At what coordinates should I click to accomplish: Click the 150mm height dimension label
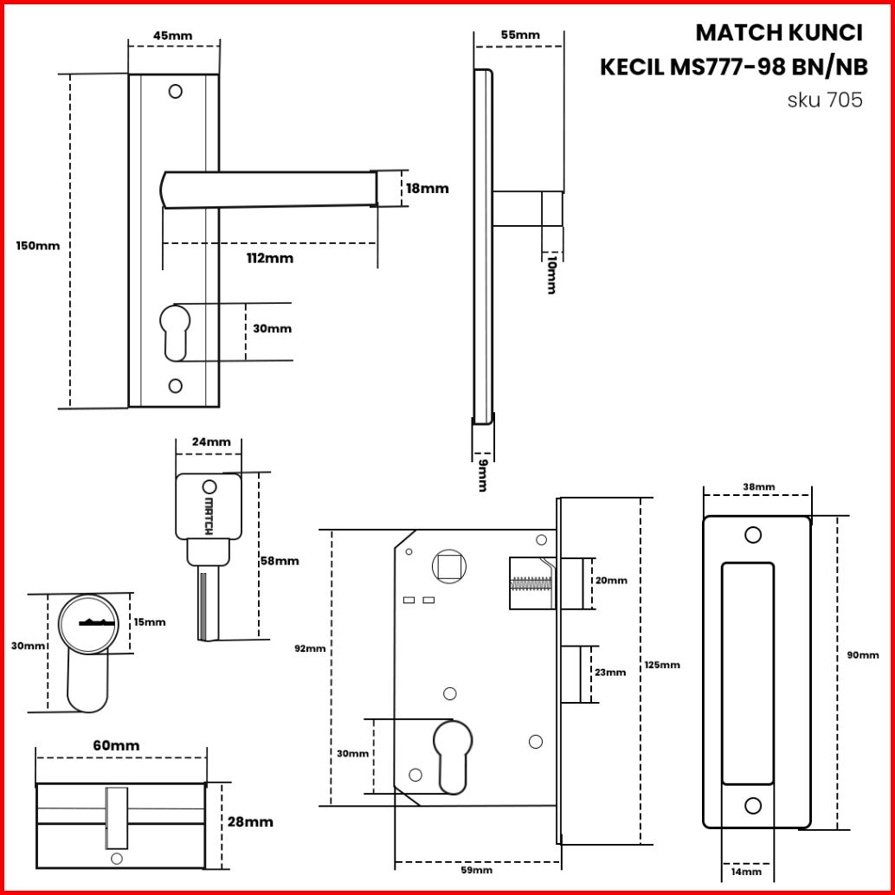[x=38, y=245]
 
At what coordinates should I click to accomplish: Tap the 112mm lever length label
[x=269, y=258]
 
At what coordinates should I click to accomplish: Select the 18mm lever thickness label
[x=428, y=188]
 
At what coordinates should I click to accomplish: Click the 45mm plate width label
[x=172, y=35]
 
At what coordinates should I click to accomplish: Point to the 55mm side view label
[x=519, y=35]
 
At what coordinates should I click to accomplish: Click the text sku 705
[x=824, y=100]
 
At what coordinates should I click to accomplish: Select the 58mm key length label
[x=279, y=561]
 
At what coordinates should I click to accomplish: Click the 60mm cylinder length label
[x=115, y=745]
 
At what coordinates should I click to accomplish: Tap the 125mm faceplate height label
[x=662, y=665]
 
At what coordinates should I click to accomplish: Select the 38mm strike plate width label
[x=759, y=487]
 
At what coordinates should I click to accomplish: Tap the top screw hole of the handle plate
[x=176, y=91]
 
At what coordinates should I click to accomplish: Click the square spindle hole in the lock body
[x=449, y=567]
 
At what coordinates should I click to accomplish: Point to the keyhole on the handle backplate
[x=173, y=331]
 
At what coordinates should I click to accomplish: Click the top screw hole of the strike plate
[x=753, y=535]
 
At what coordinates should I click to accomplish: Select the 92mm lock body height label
[x=310, y=648]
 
